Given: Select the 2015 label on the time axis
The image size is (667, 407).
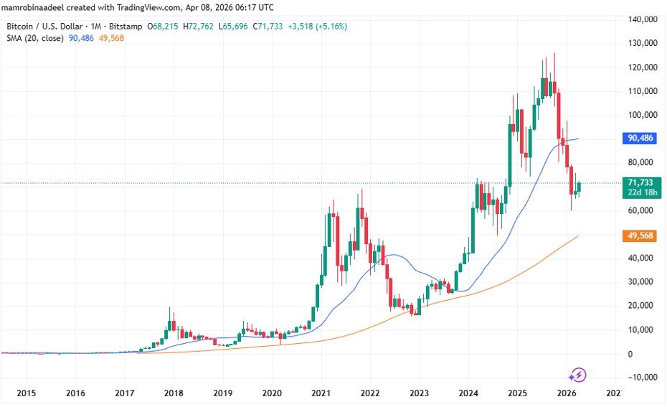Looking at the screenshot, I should (x=26, y=393).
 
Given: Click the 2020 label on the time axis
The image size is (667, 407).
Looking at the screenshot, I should (x=272, y=393).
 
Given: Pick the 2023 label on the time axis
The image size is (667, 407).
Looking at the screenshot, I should (x=419, y=393).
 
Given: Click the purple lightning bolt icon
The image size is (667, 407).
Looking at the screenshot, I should (x=578, y=375).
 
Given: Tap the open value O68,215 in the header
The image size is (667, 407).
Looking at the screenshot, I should (x=164, y=26).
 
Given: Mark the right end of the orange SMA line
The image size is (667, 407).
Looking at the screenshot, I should (x=578, y=235).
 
